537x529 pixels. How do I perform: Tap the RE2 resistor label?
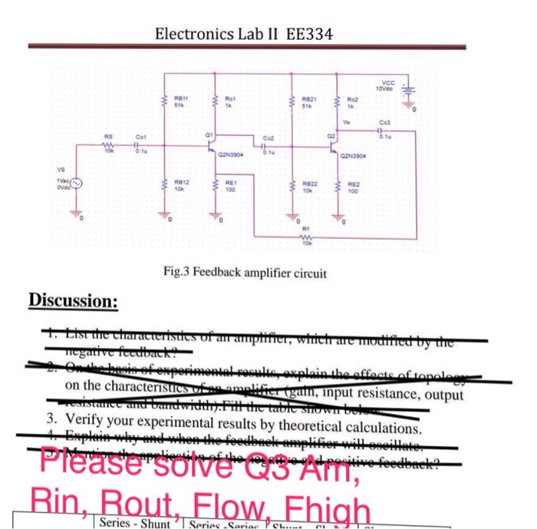[353, 184]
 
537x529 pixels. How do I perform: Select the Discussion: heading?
[74, 299]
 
